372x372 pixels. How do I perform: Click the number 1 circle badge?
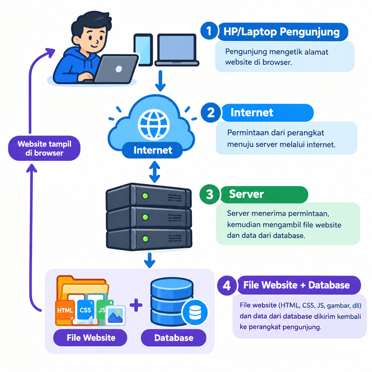pyautogui.click(x=209, y=31)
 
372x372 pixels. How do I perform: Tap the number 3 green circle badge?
pyautogui.click(x=209, y=194)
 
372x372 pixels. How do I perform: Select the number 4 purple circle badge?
pyautogui.click(x=227, y=285)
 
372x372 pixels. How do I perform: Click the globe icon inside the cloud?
pyautogui.click(x=154, y=125)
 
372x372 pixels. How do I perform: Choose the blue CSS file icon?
pyautogui.click(x=85, y=310)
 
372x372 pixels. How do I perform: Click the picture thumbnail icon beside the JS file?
pyautogui.click(x=115, y=315)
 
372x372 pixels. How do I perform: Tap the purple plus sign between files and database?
pyautogui.click(x=136, y=305)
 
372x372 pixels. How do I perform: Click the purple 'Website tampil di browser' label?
pyautogui.click(x=44, y=148)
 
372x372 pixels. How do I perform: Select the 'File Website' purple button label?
pyautogui.click(x=90, y=338)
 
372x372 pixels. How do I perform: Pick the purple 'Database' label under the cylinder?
pyautogui.click(x=174, y=338)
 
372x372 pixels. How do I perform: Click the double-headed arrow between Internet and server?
pyautogui.click(x=155, y=172)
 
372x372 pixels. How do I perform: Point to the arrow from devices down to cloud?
pyautogui.click(x=160, y=81)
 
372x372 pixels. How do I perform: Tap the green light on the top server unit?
pyautogui.click(x=145, y=196)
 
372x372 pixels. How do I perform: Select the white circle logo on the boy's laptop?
pyautogui.click(x=119, y=69)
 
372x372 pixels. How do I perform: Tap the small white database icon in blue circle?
pyautogui.click(x=195, y=313)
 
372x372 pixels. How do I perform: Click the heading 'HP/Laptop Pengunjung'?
pyautogui.click(x=282, y=32)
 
